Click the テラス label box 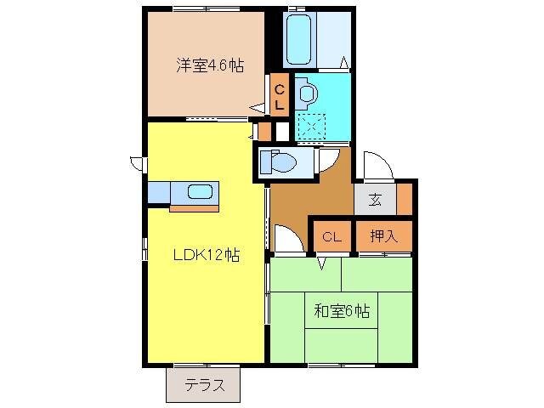(x=203, y=385)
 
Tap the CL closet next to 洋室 (x=280, y=93)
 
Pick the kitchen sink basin (x=201, y=191)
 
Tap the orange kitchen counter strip (x=194, y=207)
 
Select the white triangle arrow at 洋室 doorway (x=256, y=108)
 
